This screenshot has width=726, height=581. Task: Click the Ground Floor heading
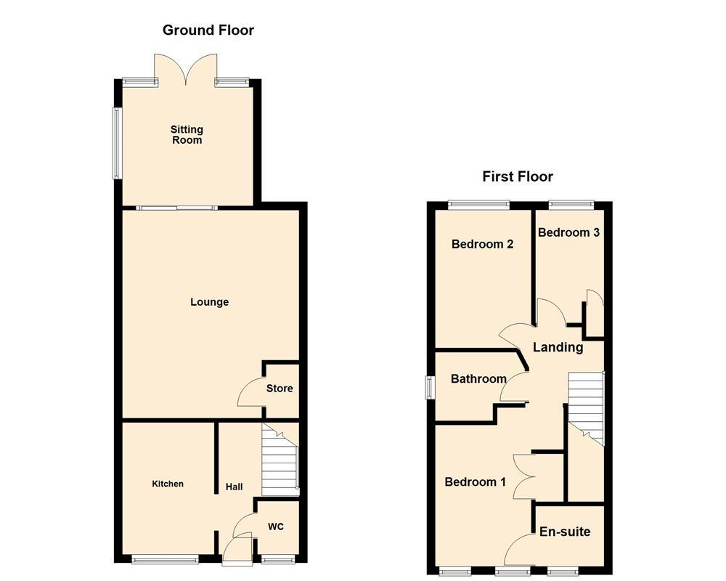coord(208,30)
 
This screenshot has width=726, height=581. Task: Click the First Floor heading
coord(518,176)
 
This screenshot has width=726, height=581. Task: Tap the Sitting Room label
coord(187,134)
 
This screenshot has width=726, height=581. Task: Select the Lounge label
coord(209,302)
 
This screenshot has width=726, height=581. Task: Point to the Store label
coord(280,389)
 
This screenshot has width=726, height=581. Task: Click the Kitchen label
coord(168,484)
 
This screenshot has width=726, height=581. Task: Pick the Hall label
coord(234,487)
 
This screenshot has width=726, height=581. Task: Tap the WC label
coord(277,526)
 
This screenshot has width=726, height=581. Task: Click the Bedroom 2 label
coord(482,244)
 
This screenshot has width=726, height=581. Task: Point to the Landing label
coord(558,347)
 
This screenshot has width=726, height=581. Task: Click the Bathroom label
coord(478,378)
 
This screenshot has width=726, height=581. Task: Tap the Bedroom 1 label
coord(476,482)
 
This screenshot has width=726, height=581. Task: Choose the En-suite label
coord(565,532)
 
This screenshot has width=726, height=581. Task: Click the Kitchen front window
coord(165,559)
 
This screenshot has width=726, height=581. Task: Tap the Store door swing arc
coord(249,392)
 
